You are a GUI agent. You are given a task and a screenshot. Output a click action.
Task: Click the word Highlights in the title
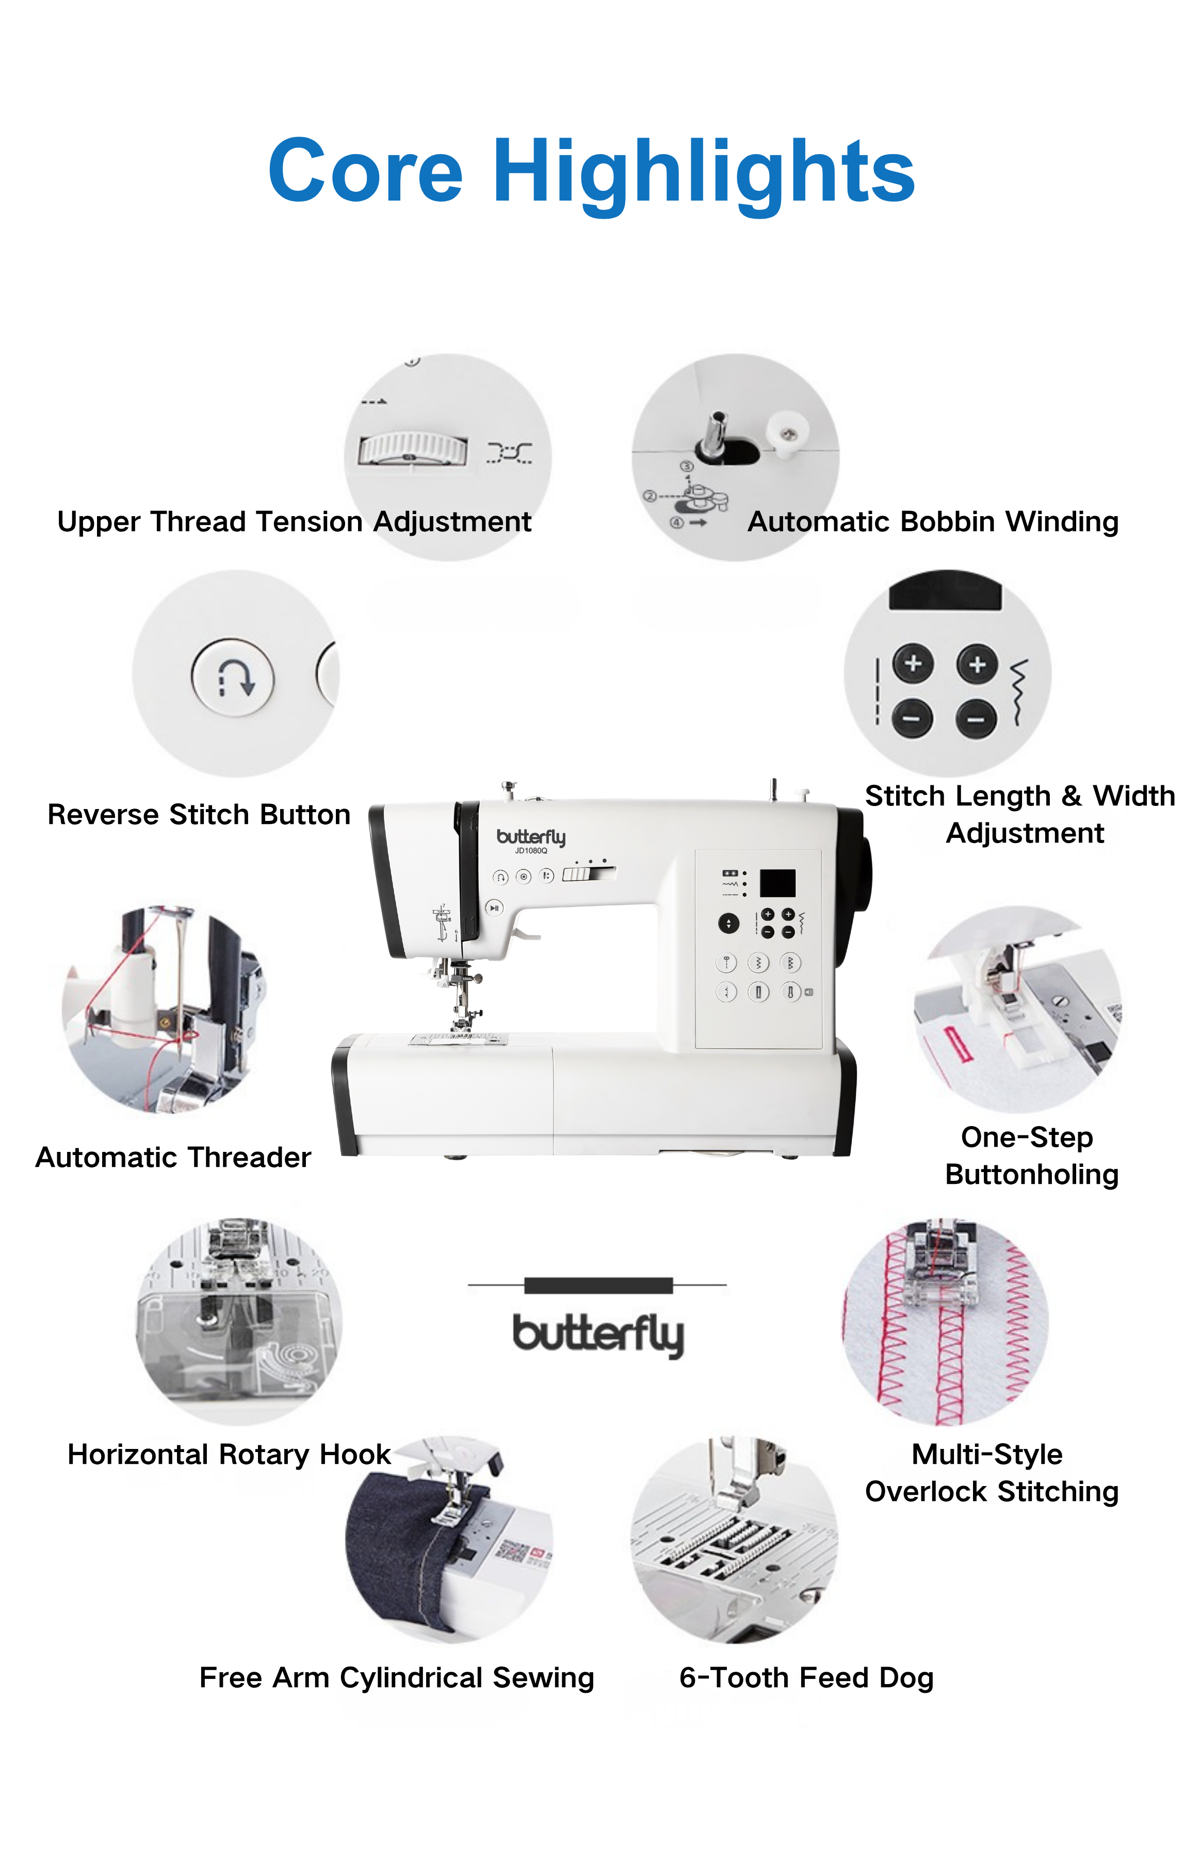[704, 174]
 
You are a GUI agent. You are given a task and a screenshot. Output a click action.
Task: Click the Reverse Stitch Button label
[199, 815]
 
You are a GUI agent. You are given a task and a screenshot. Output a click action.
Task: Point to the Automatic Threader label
[173, 1158]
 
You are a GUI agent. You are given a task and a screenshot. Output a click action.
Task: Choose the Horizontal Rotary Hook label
[229, 1455]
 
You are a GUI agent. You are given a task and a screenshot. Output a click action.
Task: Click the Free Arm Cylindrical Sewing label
[396, 1678]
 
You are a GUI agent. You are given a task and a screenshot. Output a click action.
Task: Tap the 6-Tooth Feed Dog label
[806, 1678]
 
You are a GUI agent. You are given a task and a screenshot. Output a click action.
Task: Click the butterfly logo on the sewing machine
[531, 837]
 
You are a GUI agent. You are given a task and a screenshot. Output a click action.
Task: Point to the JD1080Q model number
[531, 851]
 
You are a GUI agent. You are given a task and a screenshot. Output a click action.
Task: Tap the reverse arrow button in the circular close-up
[233, 678]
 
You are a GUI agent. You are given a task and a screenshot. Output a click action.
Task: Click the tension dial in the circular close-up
[413, 449]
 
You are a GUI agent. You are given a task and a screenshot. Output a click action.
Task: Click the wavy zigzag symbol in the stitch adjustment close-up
[1020, 693]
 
